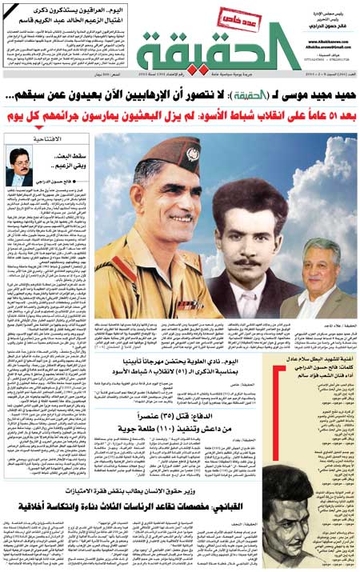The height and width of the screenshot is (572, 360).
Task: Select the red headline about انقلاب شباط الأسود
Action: tap(180, 118)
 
